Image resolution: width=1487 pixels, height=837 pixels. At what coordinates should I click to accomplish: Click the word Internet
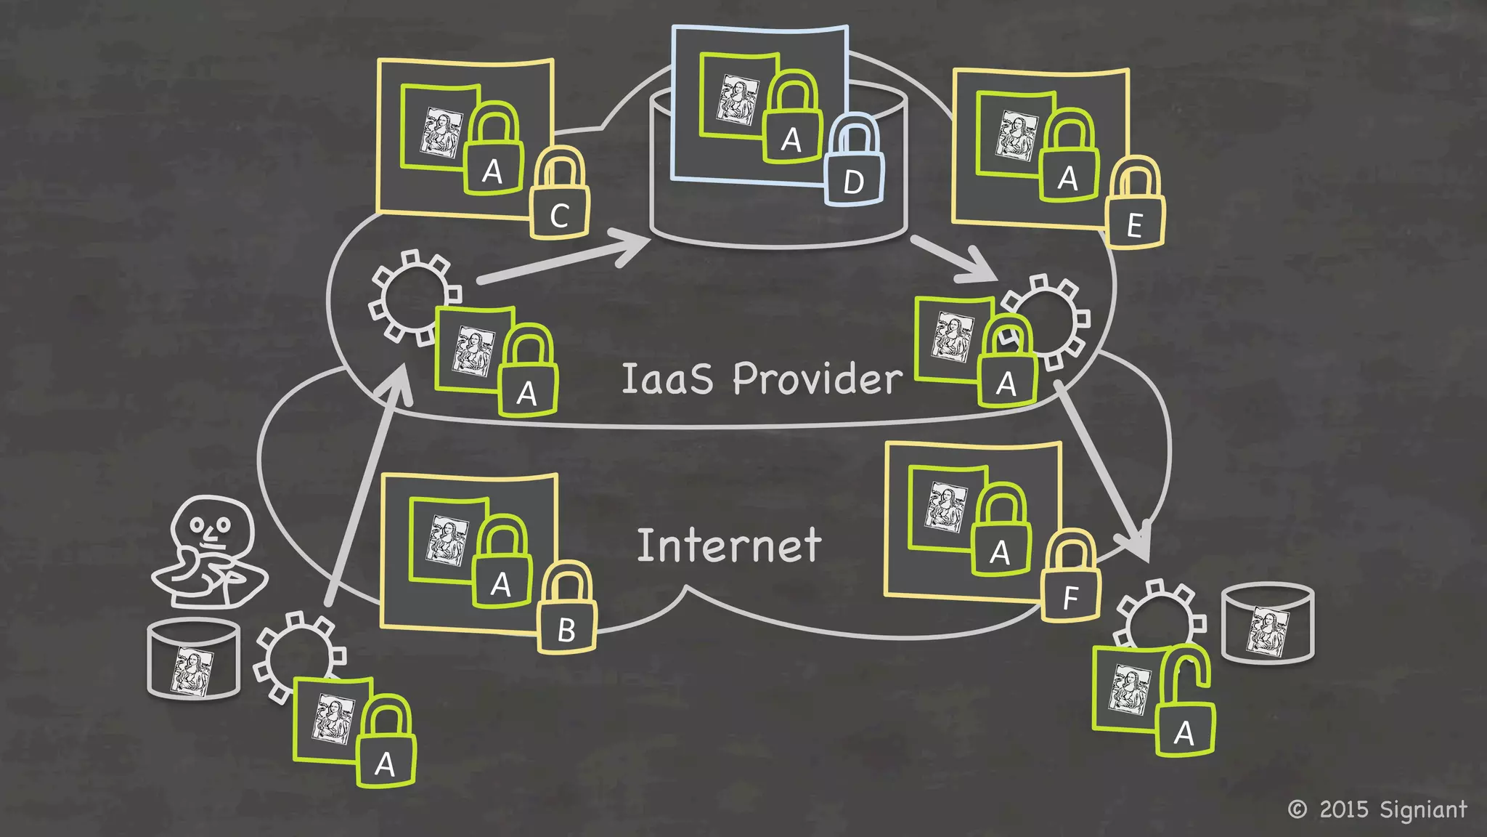pyautogui.click(x=729, y=546)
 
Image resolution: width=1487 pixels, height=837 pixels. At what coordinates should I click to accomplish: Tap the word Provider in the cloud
pyautogui.click(x=818, y=379)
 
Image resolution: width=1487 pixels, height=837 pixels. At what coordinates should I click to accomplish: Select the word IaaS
pyautogui.click(x=667, y=379)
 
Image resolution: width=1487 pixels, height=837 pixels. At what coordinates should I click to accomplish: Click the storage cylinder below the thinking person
pyautogui.click(x=194, y=658)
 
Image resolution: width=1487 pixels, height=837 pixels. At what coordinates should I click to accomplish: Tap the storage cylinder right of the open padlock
pyautogui.click(x=1268, y=622)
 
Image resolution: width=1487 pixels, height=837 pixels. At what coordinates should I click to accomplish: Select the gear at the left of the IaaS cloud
pyautogui.click(x=412, y=296)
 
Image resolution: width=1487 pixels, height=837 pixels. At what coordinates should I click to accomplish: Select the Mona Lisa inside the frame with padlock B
pyautogui.click(x=447, y=540)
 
